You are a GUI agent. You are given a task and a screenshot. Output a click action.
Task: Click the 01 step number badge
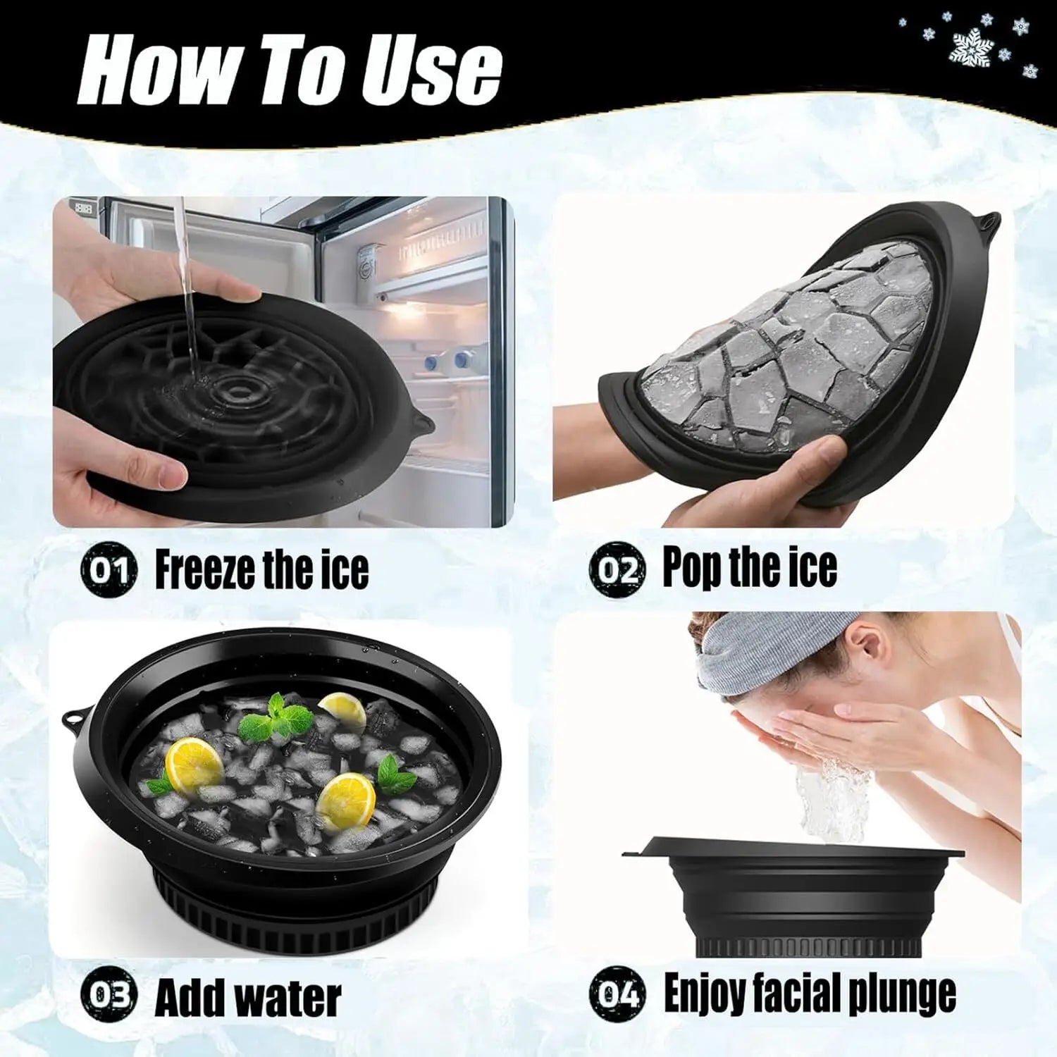[108, 569]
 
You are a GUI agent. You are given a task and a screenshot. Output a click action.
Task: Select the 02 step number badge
[617, 569]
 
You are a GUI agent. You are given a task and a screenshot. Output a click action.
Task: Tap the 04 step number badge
[617, 994]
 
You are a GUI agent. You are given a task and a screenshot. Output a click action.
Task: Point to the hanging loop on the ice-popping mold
[989, 223]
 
